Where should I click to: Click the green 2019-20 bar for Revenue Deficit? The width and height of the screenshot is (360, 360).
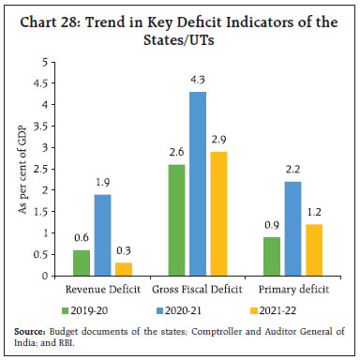(81, 262)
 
